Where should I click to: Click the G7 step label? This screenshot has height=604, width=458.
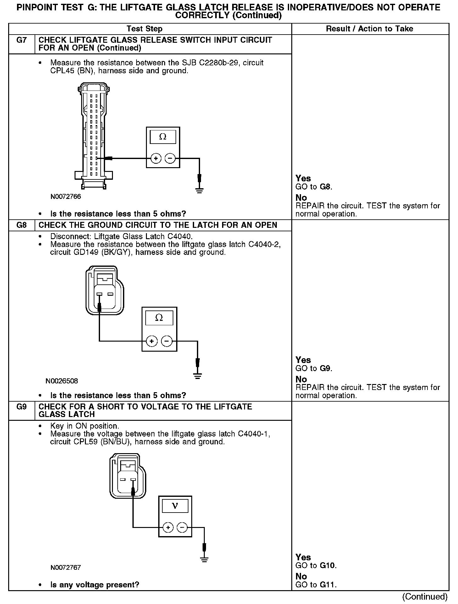coord(21,41)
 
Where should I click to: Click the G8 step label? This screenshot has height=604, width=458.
coord(21,225)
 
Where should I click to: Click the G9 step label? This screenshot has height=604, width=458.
coord(21,407)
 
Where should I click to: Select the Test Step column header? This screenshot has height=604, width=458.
coord(144,29)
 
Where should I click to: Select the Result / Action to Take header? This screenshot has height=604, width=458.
coord(370,29)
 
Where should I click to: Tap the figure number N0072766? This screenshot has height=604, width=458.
coord(66,197)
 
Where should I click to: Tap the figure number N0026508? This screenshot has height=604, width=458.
coord(62,381)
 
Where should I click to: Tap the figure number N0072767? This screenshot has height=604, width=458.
coord(66,568)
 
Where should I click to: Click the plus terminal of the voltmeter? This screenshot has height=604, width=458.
coord(168,528)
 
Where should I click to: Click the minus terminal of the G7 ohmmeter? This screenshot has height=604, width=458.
coord(170,159)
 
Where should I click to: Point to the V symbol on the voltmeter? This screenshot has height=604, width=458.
coord(175,506)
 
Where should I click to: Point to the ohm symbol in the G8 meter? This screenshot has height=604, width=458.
coord(159,318)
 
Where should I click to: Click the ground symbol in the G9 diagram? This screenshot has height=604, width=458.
coord(204,558)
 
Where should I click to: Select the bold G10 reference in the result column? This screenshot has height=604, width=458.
coord(328,566)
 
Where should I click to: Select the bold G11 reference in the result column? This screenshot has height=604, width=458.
coord(328,585)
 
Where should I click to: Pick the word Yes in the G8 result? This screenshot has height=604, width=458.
coord(303,360)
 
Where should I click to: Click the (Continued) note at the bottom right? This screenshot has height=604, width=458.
coord(425,596)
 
